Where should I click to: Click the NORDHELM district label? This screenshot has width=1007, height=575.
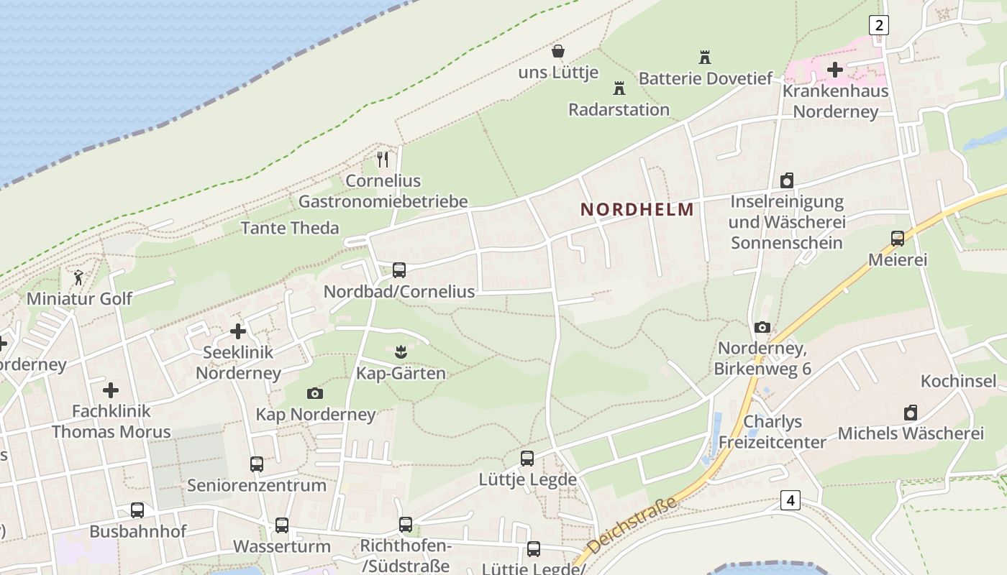click(x=637, y=209)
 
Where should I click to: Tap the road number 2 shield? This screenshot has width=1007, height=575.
click(x=878, y=25)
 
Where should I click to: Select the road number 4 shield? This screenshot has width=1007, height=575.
click(x=790, y=500)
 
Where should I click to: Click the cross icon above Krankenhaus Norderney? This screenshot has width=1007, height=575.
click(x=835, y=70)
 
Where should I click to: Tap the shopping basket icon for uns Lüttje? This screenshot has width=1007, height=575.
click(x=557, y=51)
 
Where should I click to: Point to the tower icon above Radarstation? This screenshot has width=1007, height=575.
click(x=619, y=88)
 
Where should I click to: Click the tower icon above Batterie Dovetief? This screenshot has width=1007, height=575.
click(x=704, y=57)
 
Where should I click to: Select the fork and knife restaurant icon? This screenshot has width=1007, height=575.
click(x=383, y=159)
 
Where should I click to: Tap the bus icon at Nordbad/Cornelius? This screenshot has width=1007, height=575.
click(x=399, y=270)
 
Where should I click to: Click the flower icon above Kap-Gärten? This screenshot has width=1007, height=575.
click(x=401, y=351)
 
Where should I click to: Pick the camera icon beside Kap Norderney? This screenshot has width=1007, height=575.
click(x=315, y=393)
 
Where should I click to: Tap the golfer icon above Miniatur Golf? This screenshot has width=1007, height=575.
click(x=78, y=277)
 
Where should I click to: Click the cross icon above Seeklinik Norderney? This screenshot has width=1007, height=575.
click(x=238, y=331)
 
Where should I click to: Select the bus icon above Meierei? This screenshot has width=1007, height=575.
click(x=897, y=239)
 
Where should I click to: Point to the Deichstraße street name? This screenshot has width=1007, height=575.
click(x=633, y=524)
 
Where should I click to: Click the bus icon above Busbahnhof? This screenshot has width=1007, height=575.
click(x=137, y=510)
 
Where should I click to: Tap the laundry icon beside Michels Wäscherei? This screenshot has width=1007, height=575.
click(x=911, y=413)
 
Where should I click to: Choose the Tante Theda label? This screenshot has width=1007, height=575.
click(x=290, y=228)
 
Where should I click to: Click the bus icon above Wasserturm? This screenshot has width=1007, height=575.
click(x=282, y=525)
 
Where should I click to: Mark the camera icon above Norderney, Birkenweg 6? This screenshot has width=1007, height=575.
click(x=762, y=328)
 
